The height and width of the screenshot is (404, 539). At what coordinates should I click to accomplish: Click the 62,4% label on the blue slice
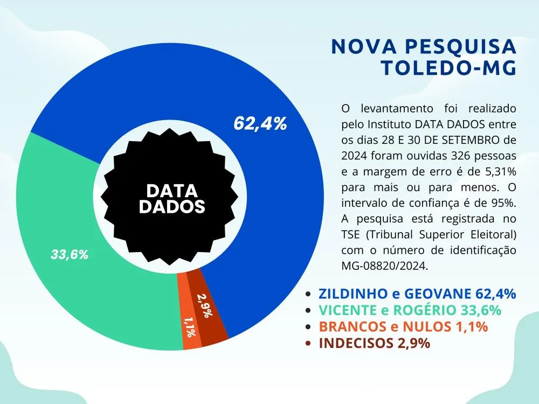(260, 123)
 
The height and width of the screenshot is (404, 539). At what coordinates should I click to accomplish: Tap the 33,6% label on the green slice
(70, 255)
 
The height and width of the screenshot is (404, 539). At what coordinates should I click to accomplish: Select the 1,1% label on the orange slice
(189, 327)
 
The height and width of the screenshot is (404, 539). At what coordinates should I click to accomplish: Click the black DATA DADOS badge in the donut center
(172, 198)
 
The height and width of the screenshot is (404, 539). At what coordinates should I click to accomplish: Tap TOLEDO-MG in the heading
(448, 68)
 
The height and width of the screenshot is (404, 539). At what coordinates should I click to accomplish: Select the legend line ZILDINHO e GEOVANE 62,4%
(417, 294)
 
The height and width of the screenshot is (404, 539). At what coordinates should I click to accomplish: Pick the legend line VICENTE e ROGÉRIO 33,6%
(410, 310)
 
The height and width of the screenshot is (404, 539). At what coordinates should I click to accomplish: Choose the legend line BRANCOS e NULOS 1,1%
(403, 326)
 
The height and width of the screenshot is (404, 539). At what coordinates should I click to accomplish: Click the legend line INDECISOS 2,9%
(374, 343)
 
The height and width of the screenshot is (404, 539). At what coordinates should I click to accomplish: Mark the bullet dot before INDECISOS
(308, 344)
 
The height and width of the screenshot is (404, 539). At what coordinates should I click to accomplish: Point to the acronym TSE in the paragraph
(351, 235)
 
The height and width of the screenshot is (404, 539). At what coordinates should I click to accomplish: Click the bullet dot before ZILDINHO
(308, 294)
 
